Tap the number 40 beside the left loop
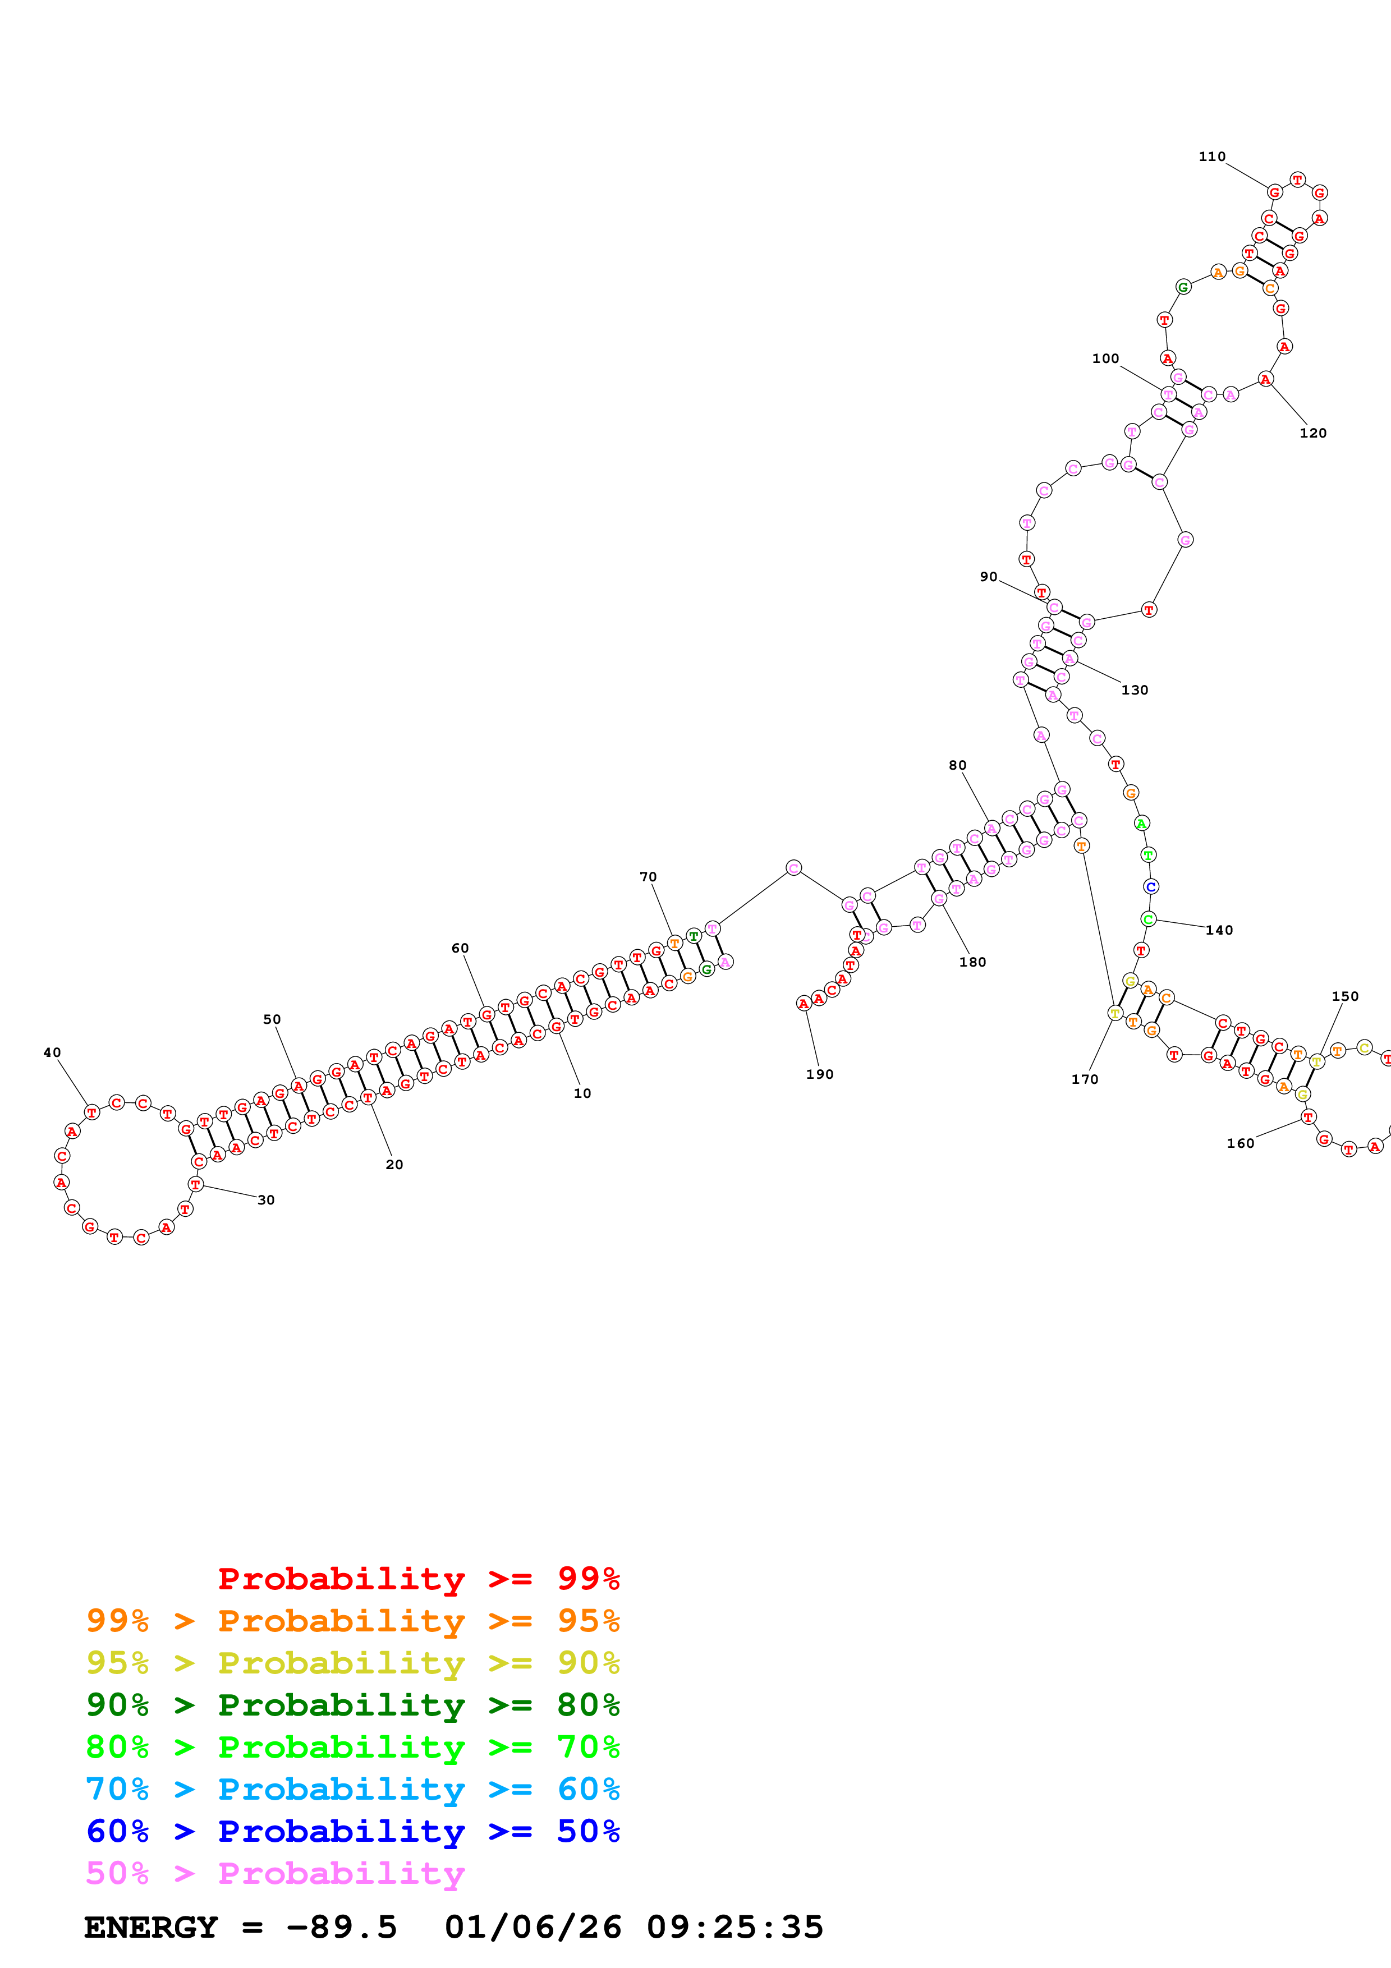pyautogui.click(x=52, y=1052)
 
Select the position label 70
pyautogui.click(x=648, y=877)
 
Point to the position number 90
pyautogui.click(x=988, y=577)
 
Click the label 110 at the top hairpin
pyautogui.click(x=1212, y=157)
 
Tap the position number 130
pyautogui.click(x=1135, y=690)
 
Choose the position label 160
pyautogui.click(x=1240, y=1143)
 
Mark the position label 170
pyautogui.click(x=1084, y=1079)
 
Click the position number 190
pyautogui.click(x=819, y=1074)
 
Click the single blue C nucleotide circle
pyautogui.click(x=1151, y=887)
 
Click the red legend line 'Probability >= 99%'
pyautogui.click(x=418, y=1578)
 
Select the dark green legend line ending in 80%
pyautogui.click(x=352, y=1705)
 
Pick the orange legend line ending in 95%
pyautogui.click(x=352, y=1621)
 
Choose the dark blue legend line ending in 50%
pyautogui.click(x=352, y=1831)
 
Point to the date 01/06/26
pyautogui.click(x=532, y=1927)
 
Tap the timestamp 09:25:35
pyautogui.click(x=734, y=1927)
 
